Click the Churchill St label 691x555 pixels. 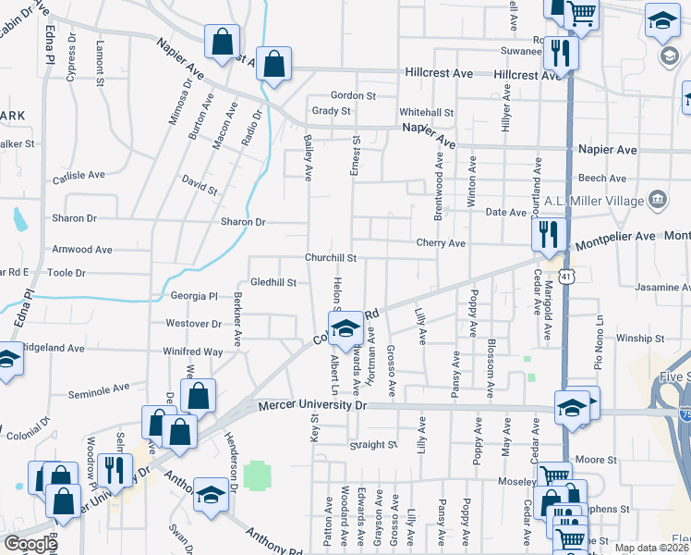coord(332,258)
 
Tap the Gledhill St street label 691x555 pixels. coord(273,282)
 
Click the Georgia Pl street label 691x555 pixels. coord(193,297)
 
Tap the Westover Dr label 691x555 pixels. coord(193,324)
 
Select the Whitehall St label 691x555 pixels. coord(427,112)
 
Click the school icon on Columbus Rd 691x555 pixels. coord(346,327)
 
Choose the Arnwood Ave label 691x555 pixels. coord(82,250)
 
